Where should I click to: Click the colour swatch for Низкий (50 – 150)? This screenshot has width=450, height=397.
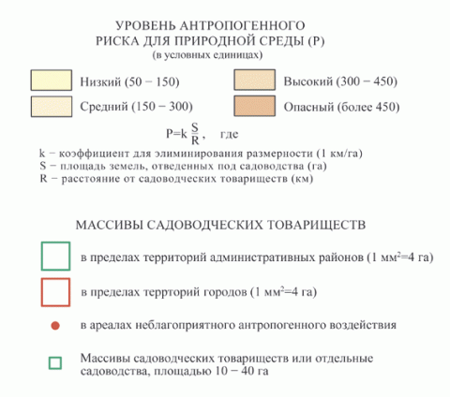52,81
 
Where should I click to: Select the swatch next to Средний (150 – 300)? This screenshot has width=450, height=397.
52,107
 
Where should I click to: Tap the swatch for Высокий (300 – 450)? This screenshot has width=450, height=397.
255,80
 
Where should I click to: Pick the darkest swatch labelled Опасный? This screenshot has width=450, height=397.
255,106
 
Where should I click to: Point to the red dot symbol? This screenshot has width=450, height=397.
55,326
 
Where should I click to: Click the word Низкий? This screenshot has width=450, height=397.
100,81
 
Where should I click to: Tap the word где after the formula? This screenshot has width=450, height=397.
229,134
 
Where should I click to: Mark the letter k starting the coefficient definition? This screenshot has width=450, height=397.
42,154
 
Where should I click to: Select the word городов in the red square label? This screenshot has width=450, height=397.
225,292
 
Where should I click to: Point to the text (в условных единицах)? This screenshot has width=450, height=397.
207,55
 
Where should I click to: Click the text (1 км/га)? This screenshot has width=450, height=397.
339,154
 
